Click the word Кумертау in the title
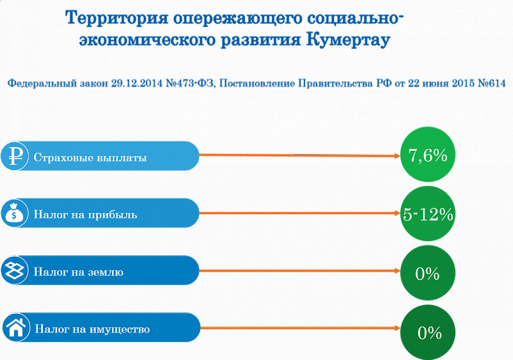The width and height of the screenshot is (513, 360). point(348,40)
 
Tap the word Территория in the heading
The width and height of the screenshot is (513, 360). point(116,17)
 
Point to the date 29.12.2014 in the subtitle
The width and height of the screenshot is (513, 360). point(137,83)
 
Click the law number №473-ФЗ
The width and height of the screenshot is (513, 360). point(190,83)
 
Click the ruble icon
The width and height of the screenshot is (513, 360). point(15,156)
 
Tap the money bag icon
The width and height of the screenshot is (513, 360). point(15,213)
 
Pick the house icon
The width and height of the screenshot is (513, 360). point(16,327)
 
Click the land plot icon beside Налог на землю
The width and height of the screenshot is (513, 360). point(15,270)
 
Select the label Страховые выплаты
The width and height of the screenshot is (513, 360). point(90,157)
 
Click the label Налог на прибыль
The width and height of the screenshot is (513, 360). point(85,215)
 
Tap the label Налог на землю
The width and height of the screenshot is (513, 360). point(79,271)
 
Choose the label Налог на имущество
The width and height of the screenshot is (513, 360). point(92,329)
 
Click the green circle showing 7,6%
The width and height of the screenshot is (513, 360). point(428,155)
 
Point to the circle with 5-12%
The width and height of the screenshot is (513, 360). point(428,214)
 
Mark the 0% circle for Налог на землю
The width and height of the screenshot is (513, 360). point(428,273)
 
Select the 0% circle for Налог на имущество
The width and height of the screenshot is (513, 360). point(428,332)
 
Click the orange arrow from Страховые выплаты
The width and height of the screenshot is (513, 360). point(300,155)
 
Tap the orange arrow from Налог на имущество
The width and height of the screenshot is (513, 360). point(301,328)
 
